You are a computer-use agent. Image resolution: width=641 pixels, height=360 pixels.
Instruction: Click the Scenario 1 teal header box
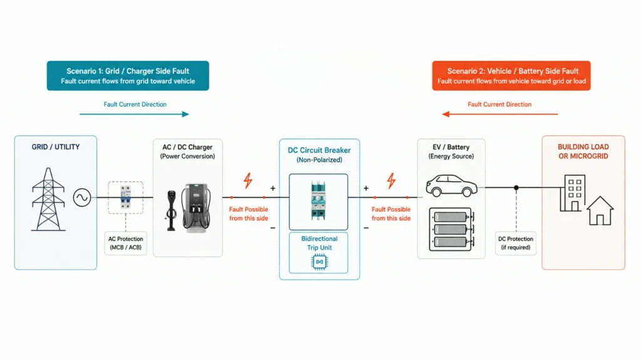click(x=128, y=76)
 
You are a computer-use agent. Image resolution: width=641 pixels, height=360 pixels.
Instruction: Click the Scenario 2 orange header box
click(x=511, y=76)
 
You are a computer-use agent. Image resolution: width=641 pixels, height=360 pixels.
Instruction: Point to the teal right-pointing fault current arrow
click(x=135, y=114)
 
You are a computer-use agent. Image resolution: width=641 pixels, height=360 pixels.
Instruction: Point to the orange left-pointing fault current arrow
click(x=500, y=114)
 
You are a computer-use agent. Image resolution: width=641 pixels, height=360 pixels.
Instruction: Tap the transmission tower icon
click(x=48, y=199)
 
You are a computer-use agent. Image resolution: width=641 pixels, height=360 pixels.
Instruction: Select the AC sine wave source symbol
click(x=82, y=198)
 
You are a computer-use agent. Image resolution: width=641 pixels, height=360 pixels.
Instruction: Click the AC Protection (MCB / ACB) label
click(x=125, y=243)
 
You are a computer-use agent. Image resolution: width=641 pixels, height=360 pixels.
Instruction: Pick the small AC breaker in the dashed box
click(x=125, y=197)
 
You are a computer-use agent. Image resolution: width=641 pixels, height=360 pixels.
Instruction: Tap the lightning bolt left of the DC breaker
click(x=248, y=180)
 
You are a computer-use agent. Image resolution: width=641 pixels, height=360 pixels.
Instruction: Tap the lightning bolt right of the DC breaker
click(x=391, y=180)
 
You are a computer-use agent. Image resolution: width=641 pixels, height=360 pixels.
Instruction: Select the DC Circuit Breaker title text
click(x=319, y=150)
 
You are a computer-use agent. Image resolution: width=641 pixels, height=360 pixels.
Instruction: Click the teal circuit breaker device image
click(x=318, y=201)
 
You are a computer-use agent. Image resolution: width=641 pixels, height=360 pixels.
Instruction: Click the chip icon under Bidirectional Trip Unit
click(x=319, y=262)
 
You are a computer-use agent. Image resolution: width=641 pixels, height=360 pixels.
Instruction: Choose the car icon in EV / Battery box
click(x=451, y=186)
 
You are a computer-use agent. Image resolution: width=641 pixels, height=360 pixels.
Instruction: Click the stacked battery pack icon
click(x=451, y=229)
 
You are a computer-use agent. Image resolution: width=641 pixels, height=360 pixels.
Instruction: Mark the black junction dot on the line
click(x=516, y=188)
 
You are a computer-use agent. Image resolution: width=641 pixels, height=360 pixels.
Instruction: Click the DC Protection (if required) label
click(x=516, y=243)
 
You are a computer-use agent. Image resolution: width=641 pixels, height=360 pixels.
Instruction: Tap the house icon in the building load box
click(x=600, y=211)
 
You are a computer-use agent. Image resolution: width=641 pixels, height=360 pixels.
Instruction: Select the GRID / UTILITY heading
click(x=56, y=147)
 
